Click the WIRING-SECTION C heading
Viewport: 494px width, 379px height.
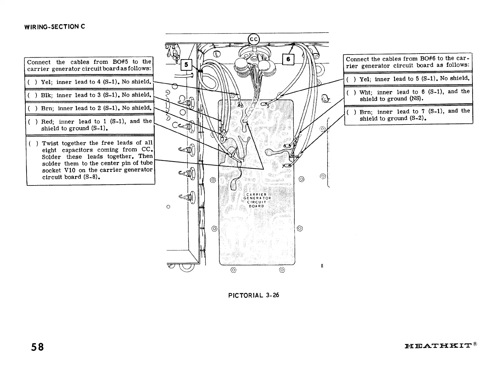(x=55, y=27)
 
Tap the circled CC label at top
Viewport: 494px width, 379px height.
(x=254, y=39)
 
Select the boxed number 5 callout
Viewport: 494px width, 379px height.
(x=186, y=65)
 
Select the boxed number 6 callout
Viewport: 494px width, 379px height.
(x=288, y=59)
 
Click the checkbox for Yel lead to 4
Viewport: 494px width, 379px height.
(x=32, y=82)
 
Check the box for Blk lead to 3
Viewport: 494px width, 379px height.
(x=32, y=95)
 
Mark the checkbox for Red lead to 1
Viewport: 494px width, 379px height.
(x=32, y=122)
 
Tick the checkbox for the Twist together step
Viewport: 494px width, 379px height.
(x=33, y=143)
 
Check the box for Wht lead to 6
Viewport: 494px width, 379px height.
(x=351, y=92)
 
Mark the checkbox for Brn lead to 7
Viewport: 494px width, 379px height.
(x=351, y=112)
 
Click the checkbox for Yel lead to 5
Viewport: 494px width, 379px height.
(x=351, y=79)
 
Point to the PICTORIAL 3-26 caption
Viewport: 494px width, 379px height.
(x=253, y=295)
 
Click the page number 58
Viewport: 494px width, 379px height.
(x=37, y=347)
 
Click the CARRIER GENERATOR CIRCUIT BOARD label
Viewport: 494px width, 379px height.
(x=256, y=200)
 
